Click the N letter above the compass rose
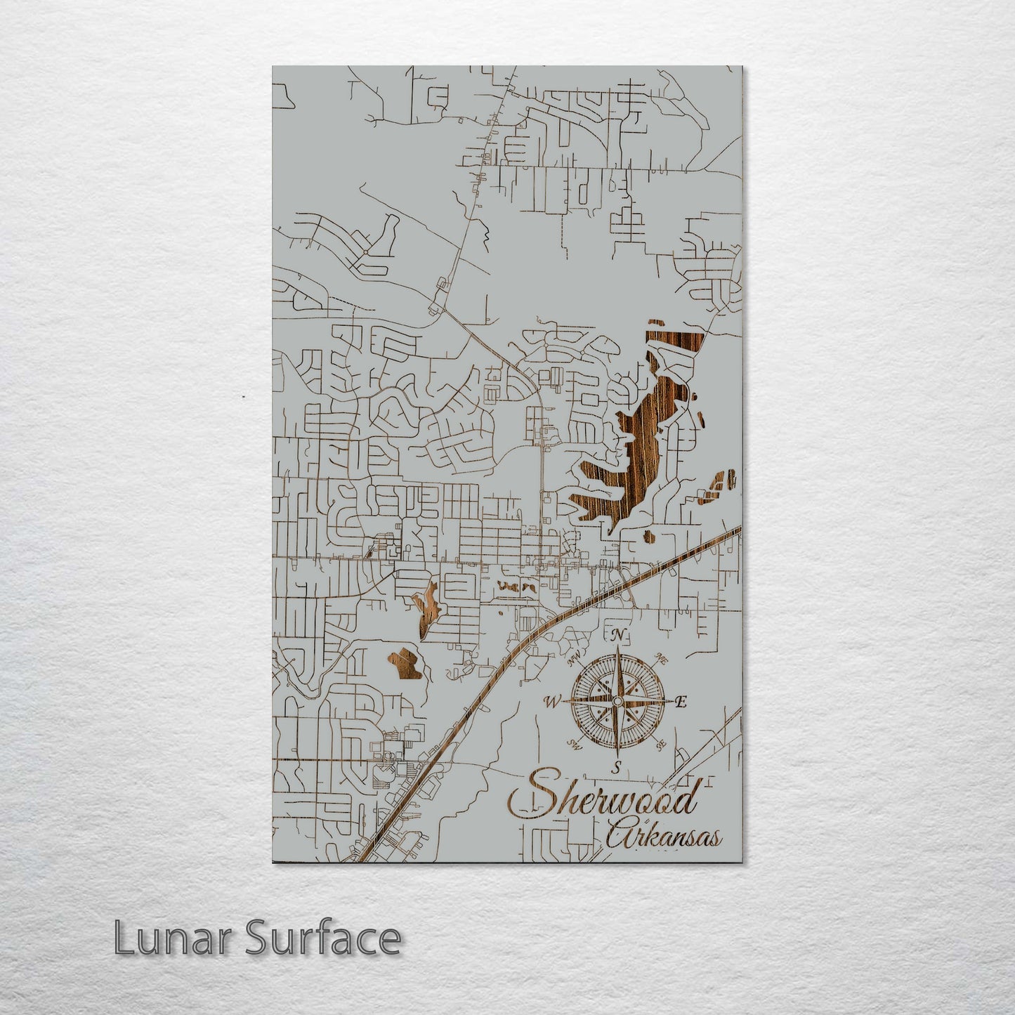coord(618,636)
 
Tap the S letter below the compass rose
coord(616,766)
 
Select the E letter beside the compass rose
coord(680,701)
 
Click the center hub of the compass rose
coord(617,701)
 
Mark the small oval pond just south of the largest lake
coord(648,538)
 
